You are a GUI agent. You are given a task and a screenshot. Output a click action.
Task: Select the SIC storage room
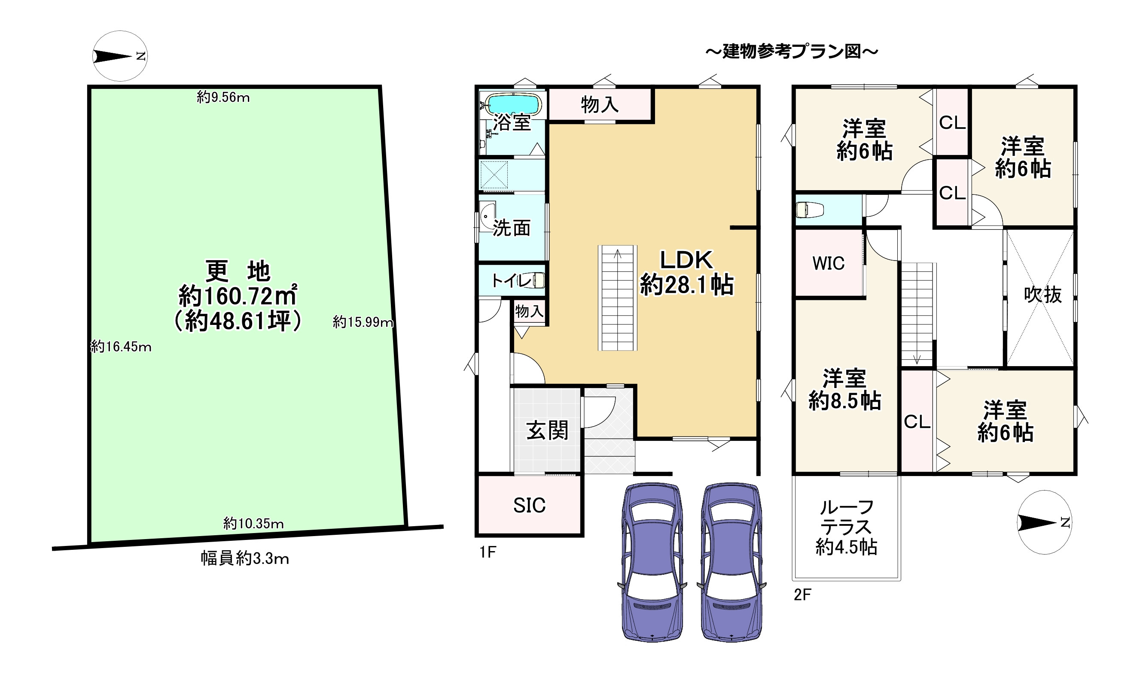529,505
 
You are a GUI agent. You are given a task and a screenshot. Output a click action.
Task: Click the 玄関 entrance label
547,430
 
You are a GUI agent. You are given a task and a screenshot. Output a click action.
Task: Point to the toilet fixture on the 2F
810,209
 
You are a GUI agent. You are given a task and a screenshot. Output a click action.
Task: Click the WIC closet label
828,263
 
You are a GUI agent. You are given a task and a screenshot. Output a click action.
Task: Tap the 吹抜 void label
1043,295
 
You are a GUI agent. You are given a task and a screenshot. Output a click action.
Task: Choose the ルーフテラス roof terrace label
846,527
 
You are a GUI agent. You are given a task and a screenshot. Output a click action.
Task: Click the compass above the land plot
120,56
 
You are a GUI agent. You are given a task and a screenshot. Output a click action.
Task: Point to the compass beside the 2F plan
1045,522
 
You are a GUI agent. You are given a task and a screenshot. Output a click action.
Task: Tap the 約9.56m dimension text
223,97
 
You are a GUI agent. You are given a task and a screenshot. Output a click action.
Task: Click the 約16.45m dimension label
121,347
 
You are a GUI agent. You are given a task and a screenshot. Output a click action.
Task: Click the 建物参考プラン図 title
792,52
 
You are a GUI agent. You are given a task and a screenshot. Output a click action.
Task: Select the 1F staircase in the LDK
617,297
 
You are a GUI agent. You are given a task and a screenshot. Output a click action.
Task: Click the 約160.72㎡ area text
238,297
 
